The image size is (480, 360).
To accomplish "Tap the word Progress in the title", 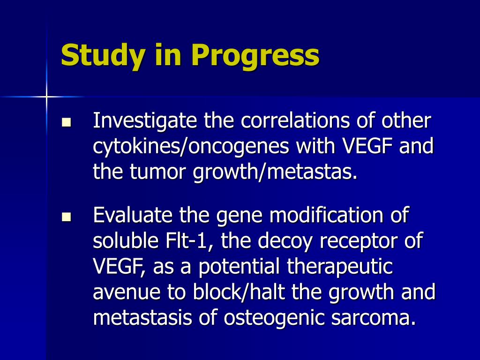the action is click(255, 55).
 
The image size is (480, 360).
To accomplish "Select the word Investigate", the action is click(145, 121).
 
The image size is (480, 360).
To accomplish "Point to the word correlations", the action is click(295, 120).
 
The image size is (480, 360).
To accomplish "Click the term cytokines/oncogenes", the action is click(191, 146).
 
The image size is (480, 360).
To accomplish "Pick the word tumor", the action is click(157, 172).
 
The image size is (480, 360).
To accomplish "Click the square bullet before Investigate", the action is click(67, 122).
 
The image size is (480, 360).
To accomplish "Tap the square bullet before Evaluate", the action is click(67, 217).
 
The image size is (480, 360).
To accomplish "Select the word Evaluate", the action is click(133, 215).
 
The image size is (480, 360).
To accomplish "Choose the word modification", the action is click(326, 215).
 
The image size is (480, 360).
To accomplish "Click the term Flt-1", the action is click(189, 241).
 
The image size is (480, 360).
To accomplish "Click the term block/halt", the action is click(239, 292).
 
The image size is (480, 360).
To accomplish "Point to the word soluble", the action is click(126, 241).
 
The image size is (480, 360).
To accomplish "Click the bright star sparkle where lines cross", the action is click(46, 97).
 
